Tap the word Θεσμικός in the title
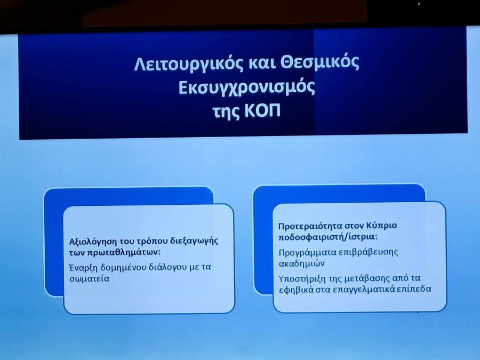pyautogui.click(x=320, y=63)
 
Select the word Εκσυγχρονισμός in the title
pyautogui.click(x=246, y=88)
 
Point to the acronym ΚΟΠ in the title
pyautogui.click(x=262, y=111)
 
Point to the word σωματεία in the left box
pyautogui.click(x=89, y=279)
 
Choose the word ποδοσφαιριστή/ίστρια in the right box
pyautogui.click(x=328, y=237)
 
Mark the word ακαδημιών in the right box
pyautogui.click(x=301, y=263)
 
